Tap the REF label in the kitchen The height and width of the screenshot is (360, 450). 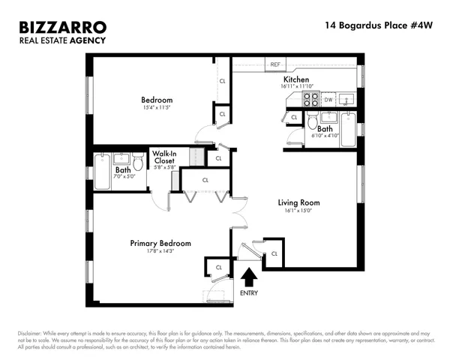[x=275, y=65]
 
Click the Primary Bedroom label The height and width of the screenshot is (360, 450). [x=160, y=243]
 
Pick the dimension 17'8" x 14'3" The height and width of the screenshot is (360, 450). [x=160, y=253]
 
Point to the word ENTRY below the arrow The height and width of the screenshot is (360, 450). [x=247, y=292]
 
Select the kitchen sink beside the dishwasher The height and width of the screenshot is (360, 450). [x=347, y=98]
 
